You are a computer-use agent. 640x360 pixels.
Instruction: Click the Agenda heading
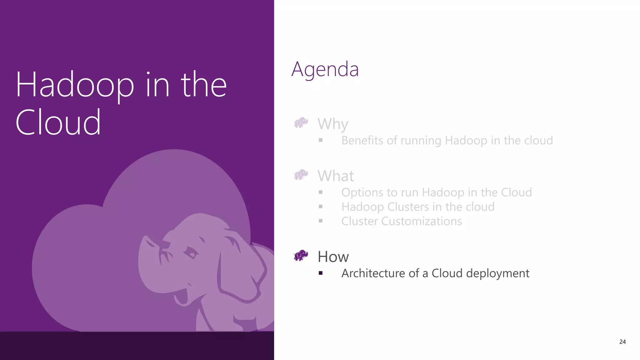pos(325,69)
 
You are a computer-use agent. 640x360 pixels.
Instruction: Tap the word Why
pos(333,124)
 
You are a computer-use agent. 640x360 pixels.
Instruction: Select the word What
pos(336,176)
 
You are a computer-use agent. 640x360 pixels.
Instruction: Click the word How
pos(333,257)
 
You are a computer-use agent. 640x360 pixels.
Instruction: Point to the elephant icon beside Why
pos(301,123)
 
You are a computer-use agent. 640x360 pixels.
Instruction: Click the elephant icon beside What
pos(301,175)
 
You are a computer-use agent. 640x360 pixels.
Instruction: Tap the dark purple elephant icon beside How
pos(301,255)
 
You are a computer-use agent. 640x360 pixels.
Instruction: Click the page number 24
pos(622,342)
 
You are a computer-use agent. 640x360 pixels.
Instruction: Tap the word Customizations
pos(422,221)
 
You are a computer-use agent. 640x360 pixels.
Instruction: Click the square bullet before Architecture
pos(321,273)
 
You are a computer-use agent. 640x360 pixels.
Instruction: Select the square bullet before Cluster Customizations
pos(321,221)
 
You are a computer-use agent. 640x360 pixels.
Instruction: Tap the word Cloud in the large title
pos(58,122)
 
